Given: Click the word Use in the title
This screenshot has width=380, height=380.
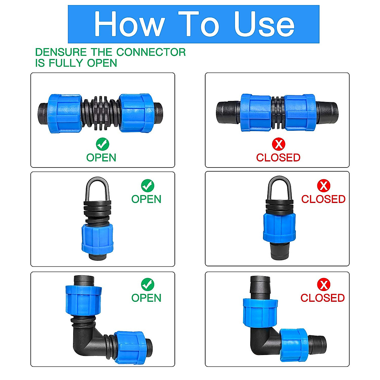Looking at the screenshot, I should click(x=264, y=24).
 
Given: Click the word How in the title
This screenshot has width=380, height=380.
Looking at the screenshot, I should click(x=129, y=24).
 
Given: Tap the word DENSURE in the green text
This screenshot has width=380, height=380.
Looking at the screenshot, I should click(x=61, y=52).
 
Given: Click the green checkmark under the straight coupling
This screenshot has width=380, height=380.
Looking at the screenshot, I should click(x=102, y=144).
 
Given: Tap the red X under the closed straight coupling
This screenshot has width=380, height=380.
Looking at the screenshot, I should click(x=278, y=144).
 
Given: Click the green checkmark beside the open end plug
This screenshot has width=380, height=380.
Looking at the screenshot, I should click(x=147, y=186).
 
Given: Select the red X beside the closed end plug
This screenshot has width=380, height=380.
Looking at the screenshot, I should click(x=323, y=186).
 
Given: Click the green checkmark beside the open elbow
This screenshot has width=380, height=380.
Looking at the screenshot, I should click(x=147, y=285).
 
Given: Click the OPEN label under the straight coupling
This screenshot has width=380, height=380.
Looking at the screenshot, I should click(x=101, y=157).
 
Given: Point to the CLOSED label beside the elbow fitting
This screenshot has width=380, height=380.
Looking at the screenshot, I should click(x=322, y=298).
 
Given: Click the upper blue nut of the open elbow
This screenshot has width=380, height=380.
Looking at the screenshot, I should click(x=84, y=300).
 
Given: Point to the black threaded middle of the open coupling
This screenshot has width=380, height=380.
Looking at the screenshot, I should click(x=101, y=113).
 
